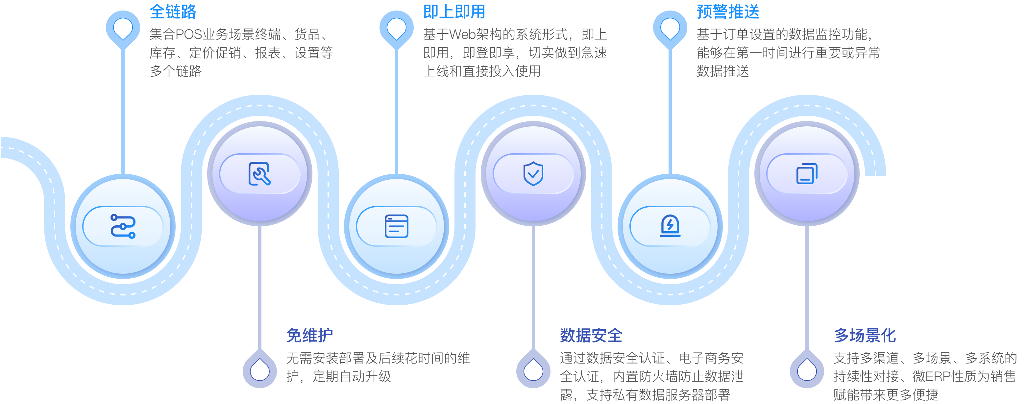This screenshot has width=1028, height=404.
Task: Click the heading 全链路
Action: point(173,12)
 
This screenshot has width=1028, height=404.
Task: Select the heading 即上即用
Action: point(454,12)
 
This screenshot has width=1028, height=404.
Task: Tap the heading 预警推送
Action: point(728,12)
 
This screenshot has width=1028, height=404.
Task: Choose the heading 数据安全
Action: point(591,335)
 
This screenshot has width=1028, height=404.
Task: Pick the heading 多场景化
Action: point(865,335)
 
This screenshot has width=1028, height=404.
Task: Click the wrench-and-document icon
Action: point(259,174)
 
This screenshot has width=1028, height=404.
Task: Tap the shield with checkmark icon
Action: point(533,174)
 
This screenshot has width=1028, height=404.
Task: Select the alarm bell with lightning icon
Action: point(670,226)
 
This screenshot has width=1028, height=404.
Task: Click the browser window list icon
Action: point(396,226)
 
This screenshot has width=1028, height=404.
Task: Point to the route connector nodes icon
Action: point(123,226)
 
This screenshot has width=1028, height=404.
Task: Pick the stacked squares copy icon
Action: point(807,174)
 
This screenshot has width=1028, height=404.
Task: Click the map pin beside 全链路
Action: point(123,28)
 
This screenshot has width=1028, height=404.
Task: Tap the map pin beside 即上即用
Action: point(396,28)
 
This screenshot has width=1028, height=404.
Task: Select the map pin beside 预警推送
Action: point(670,28)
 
